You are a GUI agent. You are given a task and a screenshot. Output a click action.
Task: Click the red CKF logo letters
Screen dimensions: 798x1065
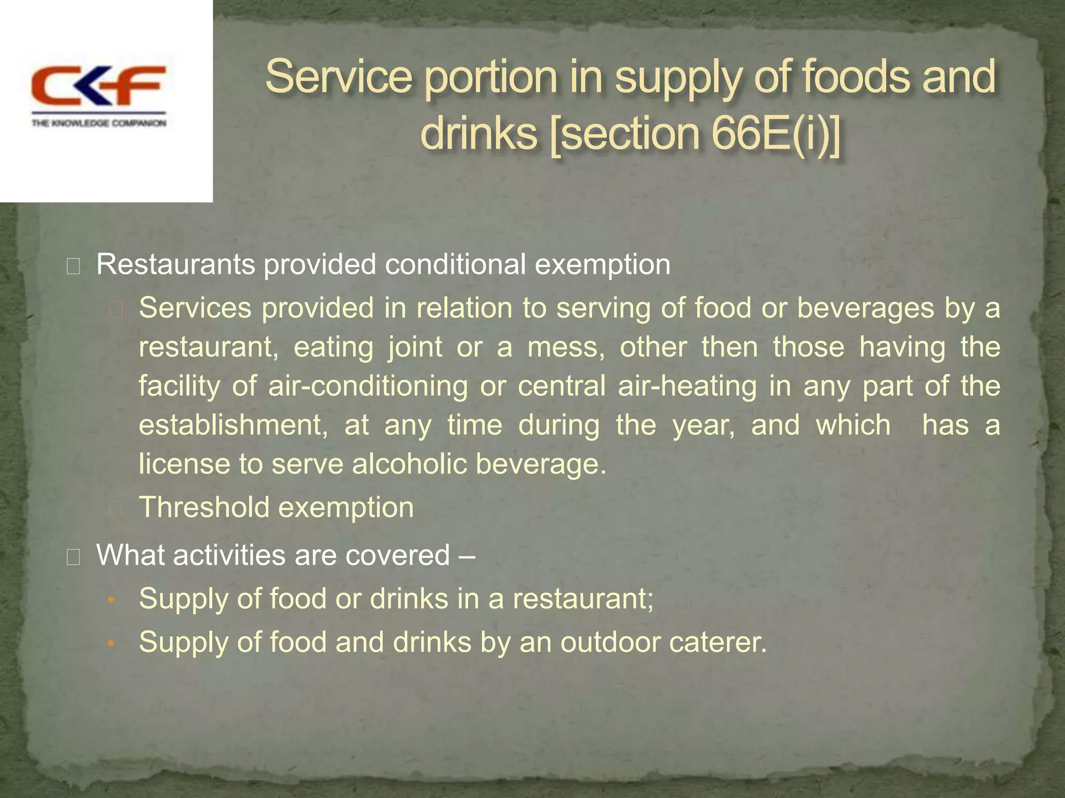(98, 86)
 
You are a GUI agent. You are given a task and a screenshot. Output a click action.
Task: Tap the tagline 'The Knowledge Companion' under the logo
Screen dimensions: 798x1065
(99, 124)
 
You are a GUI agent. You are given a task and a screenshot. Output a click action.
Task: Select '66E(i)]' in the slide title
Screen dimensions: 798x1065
(775, 134)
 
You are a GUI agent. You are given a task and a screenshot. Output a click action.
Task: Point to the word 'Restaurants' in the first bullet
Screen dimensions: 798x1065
(175, 264)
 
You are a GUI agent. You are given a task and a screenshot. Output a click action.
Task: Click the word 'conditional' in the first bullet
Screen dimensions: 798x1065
(455, 264)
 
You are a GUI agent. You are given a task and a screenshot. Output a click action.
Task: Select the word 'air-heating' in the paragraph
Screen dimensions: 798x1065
(687, 386)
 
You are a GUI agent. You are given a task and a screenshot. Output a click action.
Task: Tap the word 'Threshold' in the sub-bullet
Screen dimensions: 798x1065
(204, 507)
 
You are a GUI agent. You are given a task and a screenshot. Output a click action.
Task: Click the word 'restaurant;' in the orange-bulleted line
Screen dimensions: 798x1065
(583, 598)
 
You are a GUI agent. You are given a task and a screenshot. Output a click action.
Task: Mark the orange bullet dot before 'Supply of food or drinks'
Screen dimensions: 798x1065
(110, 600)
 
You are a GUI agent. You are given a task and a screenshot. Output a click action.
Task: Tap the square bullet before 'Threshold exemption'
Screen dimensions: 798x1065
(115, 510)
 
